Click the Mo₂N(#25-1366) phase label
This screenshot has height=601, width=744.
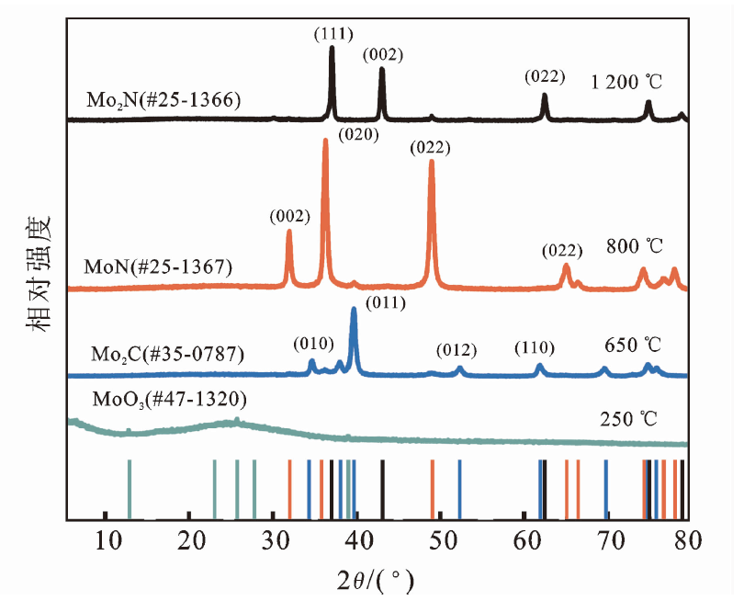click(163, 100)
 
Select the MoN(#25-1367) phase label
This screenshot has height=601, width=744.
click(159, 266)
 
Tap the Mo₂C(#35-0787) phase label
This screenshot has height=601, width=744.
click(167, 354)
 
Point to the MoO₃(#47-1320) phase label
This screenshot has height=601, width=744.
click(169, 400)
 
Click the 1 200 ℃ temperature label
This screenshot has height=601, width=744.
click(626, 83)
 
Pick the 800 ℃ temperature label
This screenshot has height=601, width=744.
click(635, 246)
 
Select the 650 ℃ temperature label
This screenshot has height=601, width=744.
click(633, 345)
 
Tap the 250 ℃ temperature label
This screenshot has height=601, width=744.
click(628, 419)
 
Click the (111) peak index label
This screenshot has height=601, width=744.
click(333, 34)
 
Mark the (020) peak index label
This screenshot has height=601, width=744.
click(359, 135)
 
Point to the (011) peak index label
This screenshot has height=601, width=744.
click(386, 302)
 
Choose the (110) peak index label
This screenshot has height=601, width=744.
click(535, 348)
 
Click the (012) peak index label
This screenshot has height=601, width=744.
click(457, 350)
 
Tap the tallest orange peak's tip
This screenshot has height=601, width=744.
click(325, 139)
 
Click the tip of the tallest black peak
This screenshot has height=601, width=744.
click(333, 47)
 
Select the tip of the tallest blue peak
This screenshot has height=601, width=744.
click(354, 309)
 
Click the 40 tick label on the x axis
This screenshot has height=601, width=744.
click(359, 540)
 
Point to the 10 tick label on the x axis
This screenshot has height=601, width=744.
click(108, 540)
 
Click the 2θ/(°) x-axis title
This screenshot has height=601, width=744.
click(376, 580)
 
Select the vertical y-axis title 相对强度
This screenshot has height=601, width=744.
click(39, 274)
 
